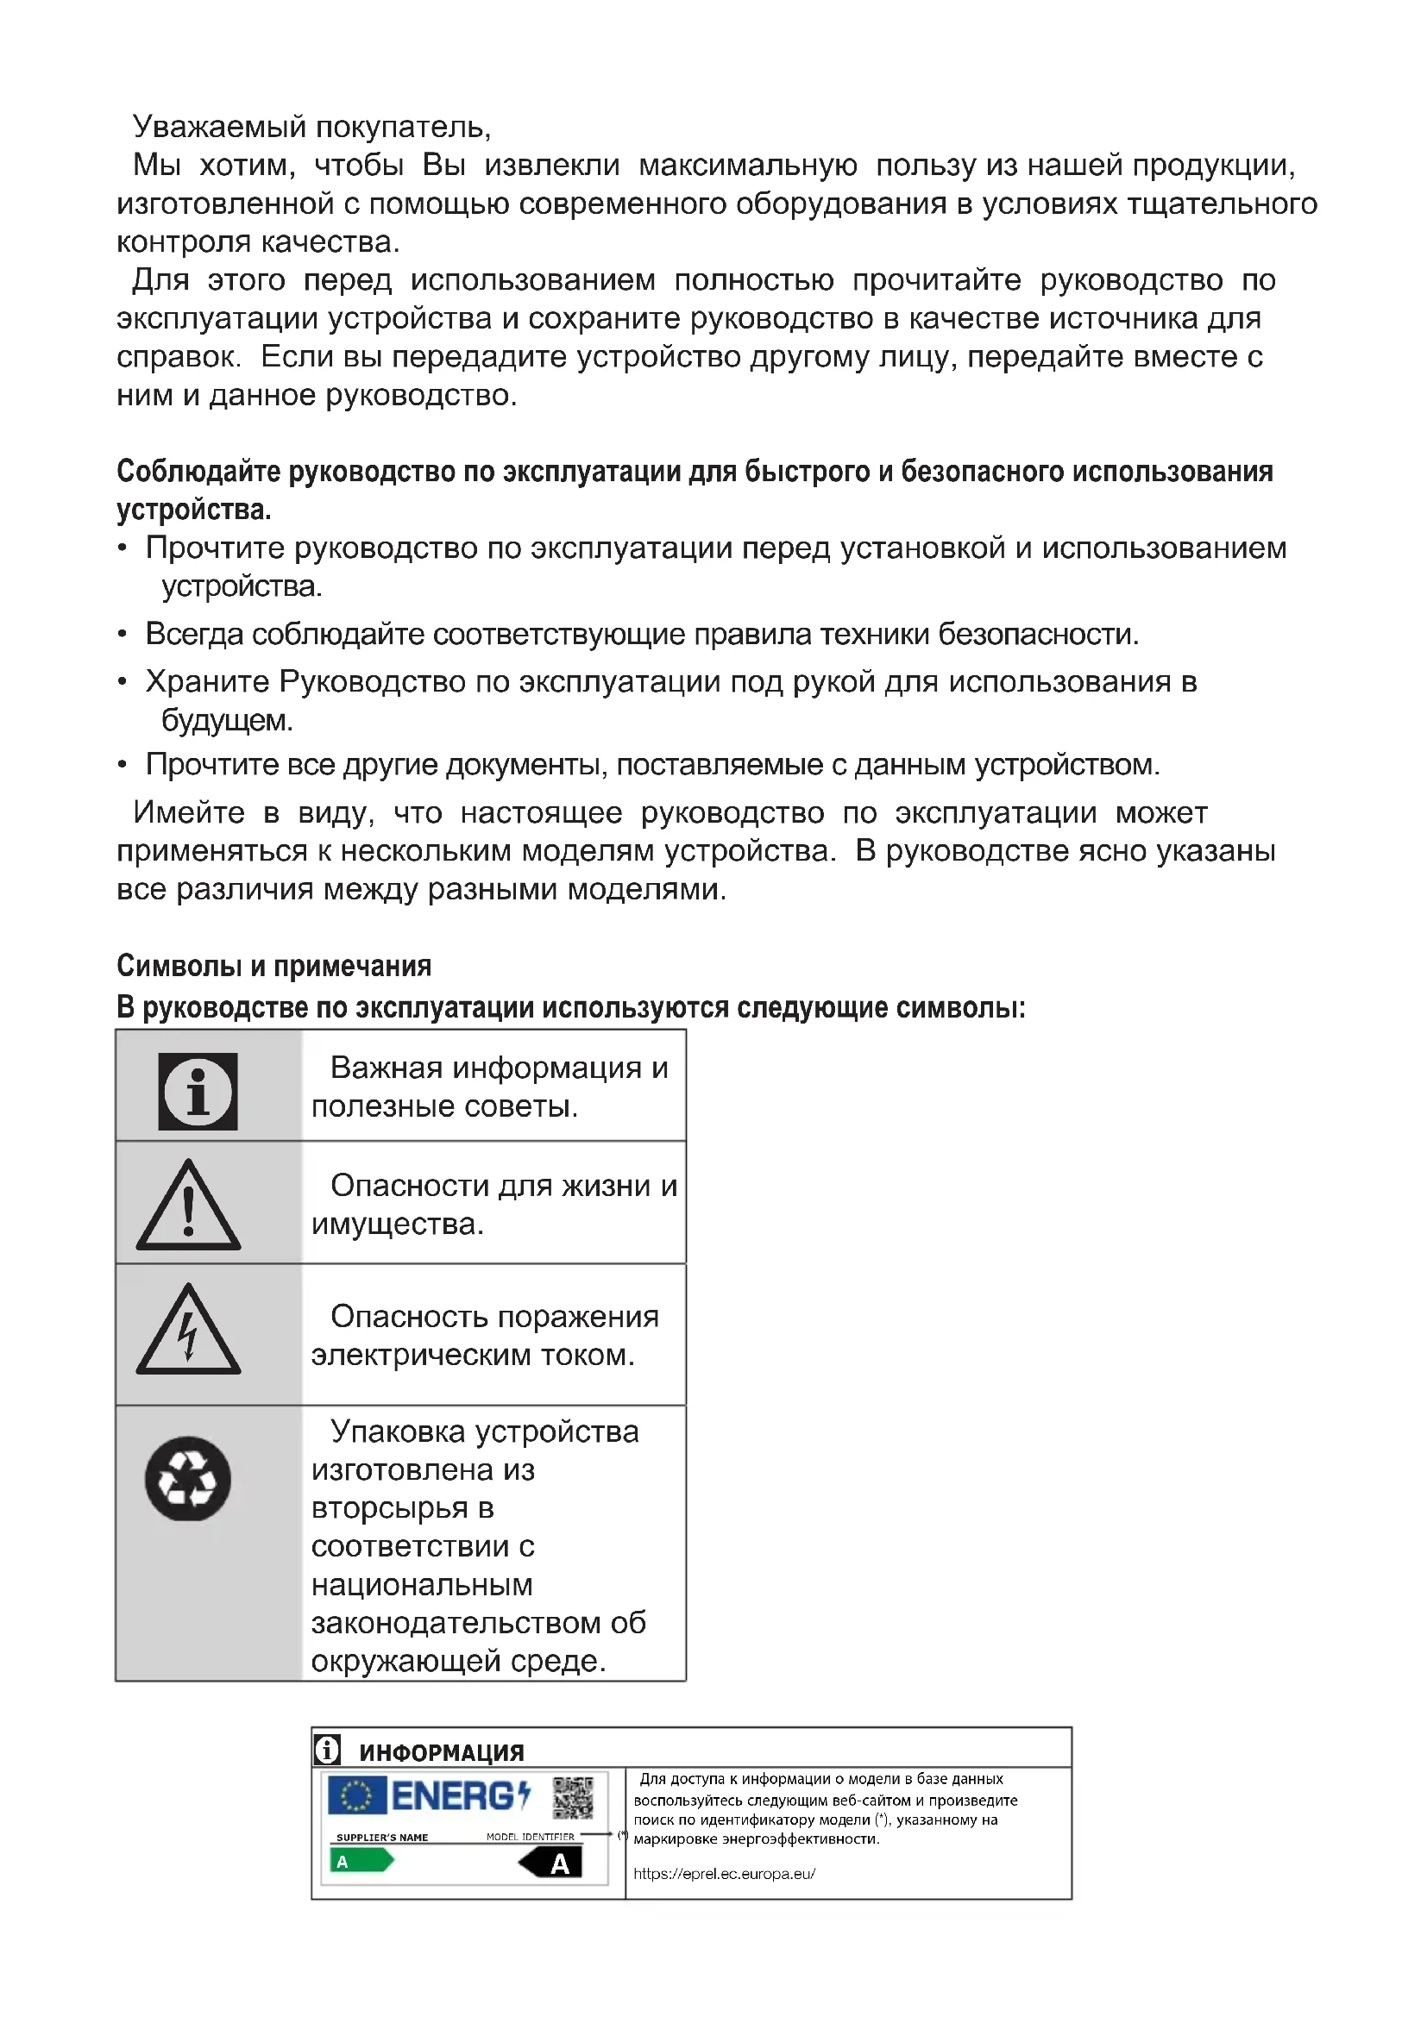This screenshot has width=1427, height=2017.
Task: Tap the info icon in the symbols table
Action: click(x=198, y=1091)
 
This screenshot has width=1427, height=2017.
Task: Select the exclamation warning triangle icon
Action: click(x=188, y=1206)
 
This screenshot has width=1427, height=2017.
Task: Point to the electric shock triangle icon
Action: click(x=188, y=1331)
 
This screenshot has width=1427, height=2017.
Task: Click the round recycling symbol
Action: click(x=188, y=1479)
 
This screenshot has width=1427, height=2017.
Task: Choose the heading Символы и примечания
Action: click(x=273, y=967)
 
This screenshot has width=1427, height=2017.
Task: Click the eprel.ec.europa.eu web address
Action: click(x=724, y=1874)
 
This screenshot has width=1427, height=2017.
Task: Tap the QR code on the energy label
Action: click(x=573, y=1797)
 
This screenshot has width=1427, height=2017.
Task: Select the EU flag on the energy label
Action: click(x=357, y=1795)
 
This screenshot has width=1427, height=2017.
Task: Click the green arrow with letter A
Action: click(x=361, y=1861)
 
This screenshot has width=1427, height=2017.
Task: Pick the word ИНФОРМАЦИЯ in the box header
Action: click(x=441, y=1753)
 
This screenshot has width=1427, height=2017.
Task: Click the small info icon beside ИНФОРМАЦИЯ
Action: click(x=327, y=1750)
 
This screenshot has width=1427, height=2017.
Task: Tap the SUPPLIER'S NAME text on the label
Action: click(x=382, y=1838)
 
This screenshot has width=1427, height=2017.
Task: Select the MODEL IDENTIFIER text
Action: click(x=530, y=1837)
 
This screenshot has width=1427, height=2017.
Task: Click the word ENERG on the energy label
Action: click(x=453, y=1796)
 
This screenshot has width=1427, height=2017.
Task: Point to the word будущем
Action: click(x=226, y=720)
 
